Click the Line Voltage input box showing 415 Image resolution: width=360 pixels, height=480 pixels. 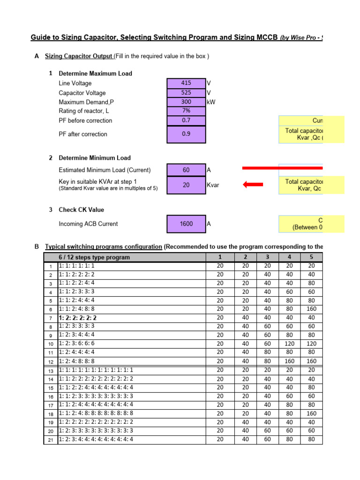[186, 83]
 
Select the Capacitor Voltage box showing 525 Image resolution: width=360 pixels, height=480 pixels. [186, 93]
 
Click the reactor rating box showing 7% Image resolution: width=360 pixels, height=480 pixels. [186, 111]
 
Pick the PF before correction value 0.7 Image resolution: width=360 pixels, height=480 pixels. [186, 120]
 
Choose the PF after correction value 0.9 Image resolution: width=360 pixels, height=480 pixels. [186, 134]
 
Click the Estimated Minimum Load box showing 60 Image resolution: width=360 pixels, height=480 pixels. [186, 170]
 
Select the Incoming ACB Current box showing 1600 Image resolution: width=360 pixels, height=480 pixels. [186, 224]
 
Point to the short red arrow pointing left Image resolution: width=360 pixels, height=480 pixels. [254, 185]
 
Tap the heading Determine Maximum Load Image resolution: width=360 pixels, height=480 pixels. [95, 74]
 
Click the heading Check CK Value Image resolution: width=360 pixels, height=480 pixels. [81, 210]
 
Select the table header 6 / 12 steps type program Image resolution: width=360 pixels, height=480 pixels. [94, 257]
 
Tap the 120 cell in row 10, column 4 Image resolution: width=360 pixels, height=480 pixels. [289, 344]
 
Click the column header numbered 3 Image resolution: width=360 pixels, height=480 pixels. [268, 257]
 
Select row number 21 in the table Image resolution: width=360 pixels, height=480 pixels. [50, 440]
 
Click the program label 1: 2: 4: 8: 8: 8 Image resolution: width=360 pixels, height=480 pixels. [77, 361]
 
